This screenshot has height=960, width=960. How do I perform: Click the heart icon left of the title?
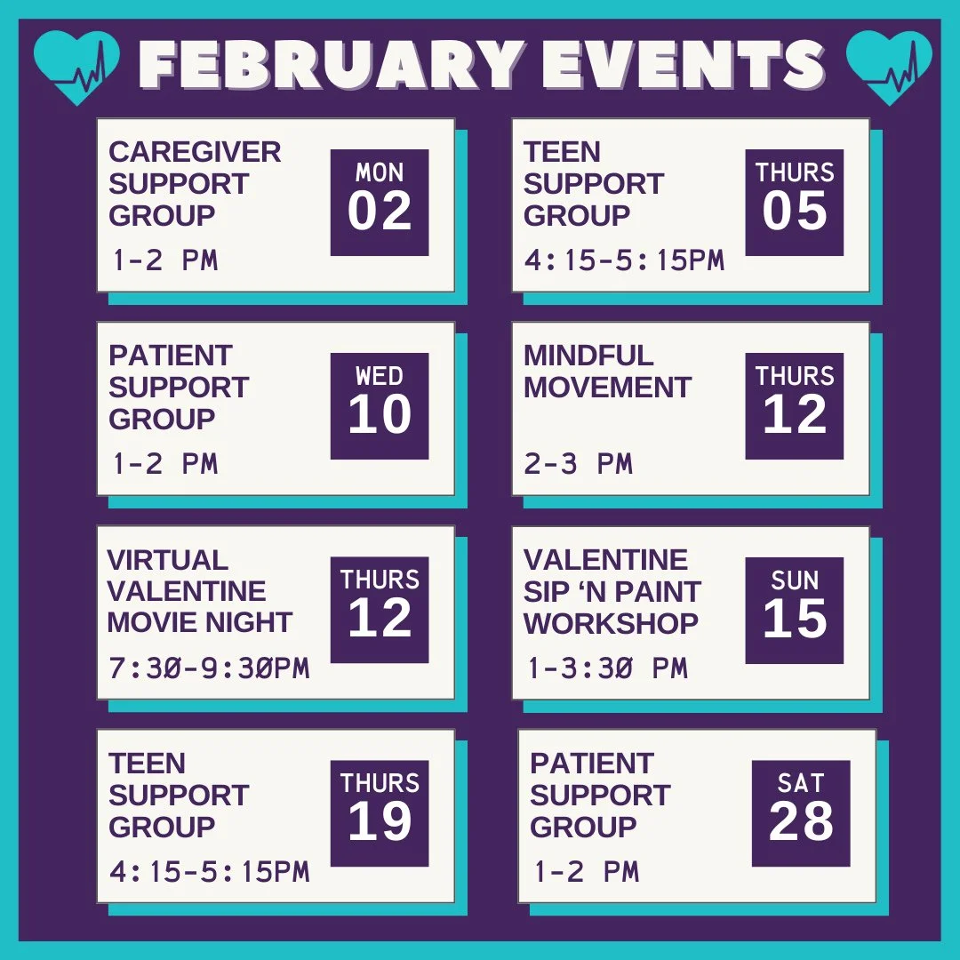(76, 68)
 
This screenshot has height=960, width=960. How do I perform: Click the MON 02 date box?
(380, 203)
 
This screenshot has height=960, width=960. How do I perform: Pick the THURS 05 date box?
(795, 203)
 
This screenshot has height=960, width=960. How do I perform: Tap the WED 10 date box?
(380, 406)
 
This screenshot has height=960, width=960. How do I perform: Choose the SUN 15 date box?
(795, 611)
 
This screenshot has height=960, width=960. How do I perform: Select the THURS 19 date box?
(380, 813)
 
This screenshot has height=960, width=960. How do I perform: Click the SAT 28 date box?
(801, 813)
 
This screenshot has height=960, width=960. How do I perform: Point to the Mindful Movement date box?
(795, 406)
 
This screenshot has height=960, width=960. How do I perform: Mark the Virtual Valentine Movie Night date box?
(380, 611)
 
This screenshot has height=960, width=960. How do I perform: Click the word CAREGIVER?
(195, 152)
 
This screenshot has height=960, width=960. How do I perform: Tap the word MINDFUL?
(588, 356)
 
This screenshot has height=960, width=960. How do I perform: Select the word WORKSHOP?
(611, 623)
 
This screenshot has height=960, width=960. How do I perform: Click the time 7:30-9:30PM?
(209, 668)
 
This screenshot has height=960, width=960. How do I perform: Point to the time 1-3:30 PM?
(607, 668)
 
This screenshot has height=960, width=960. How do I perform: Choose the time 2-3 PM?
(578, 464)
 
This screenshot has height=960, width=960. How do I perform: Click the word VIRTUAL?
(168, 560)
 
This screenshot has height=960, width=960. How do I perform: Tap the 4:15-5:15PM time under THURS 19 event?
(209, 872)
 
